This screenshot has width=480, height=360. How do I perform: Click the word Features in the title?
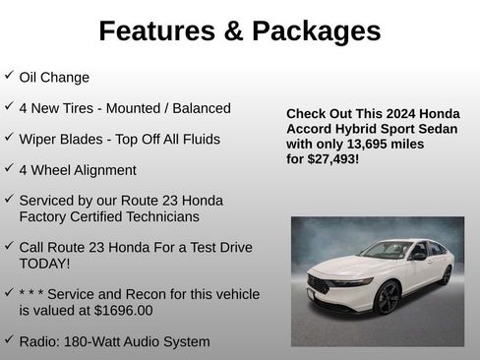157,30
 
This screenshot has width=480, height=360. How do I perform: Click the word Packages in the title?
316,30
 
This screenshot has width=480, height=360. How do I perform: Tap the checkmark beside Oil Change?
9,76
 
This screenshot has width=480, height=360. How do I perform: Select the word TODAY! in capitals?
45,264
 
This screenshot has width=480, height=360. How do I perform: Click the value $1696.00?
119,310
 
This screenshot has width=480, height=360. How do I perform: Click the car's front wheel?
388,297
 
